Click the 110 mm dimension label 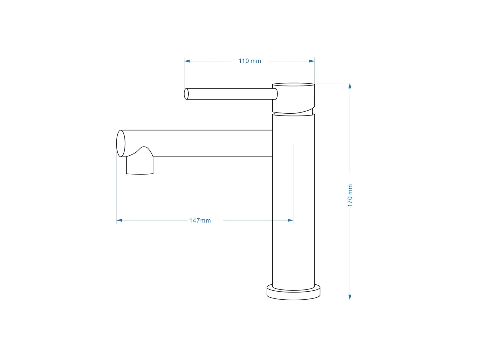coord(250,61)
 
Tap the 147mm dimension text coord(200,220)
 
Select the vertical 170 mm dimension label coord(350,195)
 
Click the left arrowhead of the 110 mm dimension coord(187,61)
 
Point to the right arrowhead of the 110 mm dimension coord(312,61)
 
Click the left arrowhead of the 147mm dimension coord(119,220)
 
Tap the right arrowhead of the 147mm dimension coord(290,220)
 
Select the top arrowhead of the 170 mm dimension coord(350,86)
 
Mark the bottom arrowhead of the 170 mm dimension coord(350,297)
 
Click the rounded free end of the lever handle coord(186,94)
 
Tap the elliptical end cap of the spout coord(121,143)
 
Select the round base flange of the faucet coord(293,293)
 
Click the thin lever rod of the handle coord(230,94)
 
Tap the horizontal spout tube coord(207,143)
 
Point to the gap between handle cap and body coord(293,114)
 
